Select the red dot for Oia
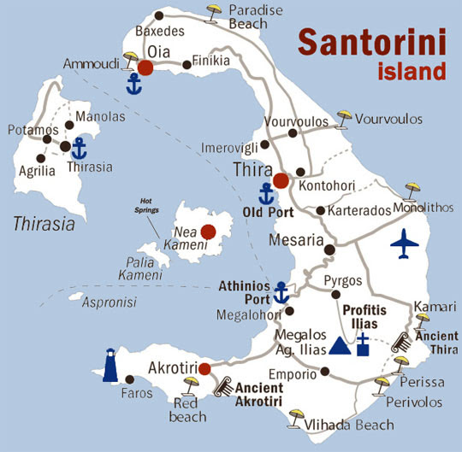(x=145, y=68)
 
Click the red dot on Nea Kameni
(x=207, y=231)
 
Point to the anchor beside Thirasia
(x=79, y=148)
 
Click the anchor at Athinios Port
(x=279, y=293)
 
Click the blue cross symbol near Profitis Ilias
(x=363, y=346)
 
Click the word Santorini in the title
(x=371, y=41)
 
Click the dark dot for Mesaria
(x=329, y=249)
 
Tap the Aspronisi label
(x=109, y=302)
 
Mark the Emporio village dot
(x=324, y=372)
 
